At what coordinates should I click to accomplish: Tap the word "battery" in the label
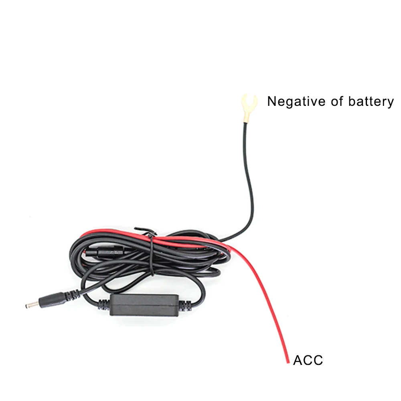click(371, 101)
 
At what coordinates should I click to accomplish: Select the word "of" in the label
click(338, 101)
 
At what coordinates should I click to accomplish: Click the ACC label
click(308, 360)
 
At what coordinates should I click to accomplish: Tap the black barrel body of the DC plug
click(50, 300)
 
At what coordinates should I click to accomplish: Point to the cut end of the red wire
click(288, 362)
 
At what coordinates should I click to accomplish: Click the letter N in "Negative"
click(272, 101)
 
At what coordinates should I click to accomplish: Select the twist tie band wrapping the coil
click(151, 257)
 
